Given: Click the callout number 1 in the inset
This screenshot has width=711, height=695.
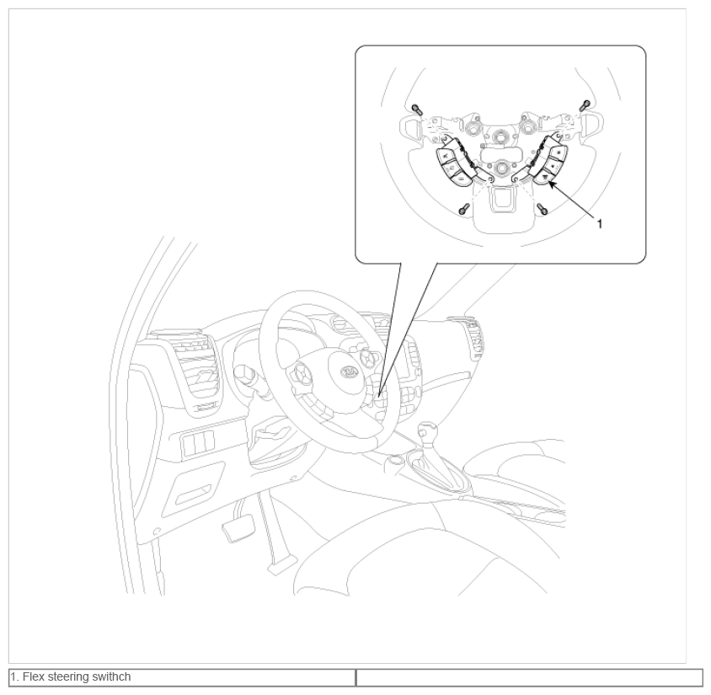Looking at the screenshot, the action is point(600,223).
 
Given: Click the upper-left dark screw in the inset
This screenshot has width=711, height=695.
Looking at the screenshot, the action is point(417,110).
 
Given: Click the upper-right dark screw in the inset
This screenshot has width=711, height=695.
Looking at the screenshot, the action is point(585,105).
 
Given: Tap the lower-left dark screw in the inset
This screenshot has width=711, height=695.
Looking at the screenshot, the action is point(463,209).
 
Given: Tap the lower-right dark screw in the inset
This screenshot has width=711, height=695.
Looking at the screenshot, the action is point(543,209).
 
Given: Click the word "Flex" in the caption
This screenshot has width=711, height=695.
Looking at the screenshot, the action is point(33,676).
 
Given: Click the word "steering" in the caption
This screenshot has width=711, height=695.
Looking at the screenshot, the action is point(67,677).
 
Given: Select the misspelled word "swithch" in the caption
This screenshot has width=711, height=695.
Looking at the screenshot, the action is point(111,676).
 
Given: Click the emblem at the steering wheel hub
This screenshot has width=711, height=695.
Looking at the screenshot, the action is point(349,372).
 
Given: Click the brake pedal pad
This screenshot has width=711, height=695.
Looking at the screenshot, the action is point(238,528).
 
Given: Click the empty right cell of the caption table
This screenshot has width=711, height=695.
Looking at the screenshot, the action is point(529,677).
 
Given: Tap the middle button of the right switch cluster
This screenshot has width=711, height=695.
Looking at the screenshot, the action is point(553,163).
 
